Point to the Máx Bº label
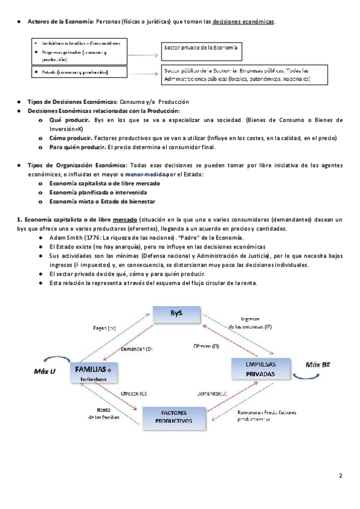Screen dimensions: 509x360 tap(319, 364)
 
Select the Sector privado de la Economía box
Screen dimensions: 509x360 tap(202, 47)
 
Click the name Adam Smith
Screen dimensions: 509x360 tap(67, 238)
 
